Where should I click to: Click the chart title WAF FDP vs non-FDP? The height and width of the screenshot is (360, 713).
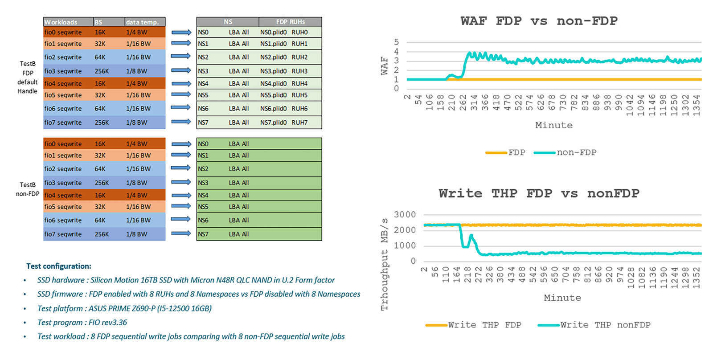pyautogui.click(x=539, y=21)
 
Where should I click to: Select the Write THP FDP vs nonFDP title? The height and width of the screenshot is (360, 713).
pyautogui.click(x=539, y=193)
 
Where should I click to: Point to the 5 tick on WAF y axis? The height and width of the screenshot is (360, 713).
pyautogui.click(x=396, y=42)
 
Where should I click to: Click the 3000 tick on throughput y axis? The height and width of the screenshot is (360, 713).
pyautogui.click(x=405, y=215)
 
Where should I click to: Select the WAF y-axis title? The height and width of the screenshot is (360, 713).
pyautogui.click(x=384, y=65)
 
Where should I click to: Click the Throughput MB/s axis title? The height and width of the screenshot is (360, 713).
pyautogui.click(x=384, y=264)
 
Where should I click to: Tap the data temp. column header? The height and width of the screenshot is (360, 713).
pyautogui.click(x=142, y=22)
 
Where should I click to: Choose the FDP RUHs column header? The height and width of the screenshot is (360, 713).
pyautogui.click(x=290, y=22)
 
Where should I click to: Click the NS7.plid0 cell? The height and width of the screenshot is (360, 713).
pyautogui.click(x=273, y=123)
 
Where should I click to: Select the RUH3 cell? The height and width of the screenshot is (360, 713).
pyautogui.click(x=299, y=71)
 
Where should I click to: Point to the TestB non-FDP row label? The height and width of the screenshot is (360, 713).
pyautogui.click(x=28, y=189)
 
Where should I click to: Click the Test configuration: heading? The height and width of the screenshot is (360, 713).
pyautogui.click(x=59, y=266)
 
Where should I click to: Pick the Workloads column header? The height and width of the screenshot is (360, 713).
pyautogui.click(x=61, y=22)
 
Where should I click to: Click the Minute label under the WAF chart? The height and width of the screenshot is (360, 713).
pyautogui.click(x=554, y=125)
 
